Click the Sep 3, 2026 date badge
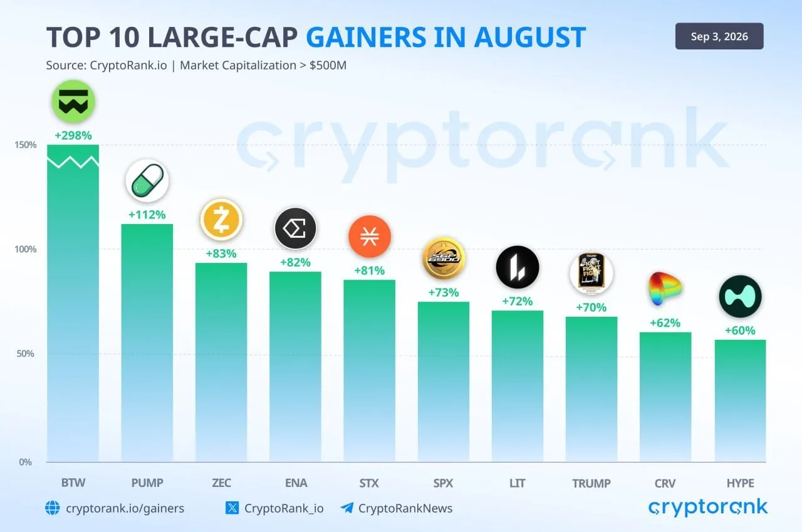coord(719,36)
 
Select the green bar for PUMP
coord(147,343)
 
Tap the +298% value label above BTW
coord(73,135)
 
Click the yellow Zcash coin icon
coord(221,220)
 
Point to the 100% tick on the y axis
coord(26,249)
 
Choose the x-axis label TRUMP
coord(591,483)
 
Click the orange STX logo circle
coord(370,237)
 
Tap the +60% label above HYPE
coord(740,330)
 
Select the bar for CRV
coord(665,397)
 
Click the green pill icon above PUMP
coord(147,180)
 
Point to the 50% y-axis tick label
coord(26,354)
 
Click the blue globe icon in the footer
coord(53,508)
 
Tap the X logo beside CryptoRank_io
coord(232,508)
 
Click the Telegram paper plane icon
coord(347,508)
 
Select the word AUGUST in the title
coord(530,37)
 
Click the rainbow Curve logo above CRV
coord(665,289)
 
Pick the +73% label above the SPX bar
coord(444,292)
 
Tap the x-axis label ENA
coord(296,483)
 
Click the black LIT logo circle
coord(518,267)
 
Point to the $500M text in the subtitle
coord(328,66)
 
